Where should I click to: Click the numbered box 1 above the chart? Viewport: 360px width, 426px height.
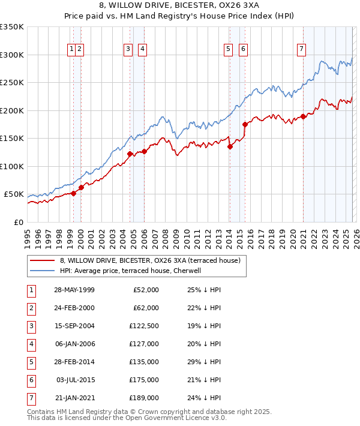[x=72, y=50]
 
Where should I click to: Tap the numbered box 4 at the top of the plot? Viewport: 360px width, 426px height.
[x=142, y=50]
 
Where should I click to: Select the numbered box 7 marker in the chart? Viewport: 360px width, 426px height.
[x=301, y=50]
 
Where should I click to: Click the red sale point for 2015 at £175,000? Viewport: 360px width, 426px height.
[x=245, y=124]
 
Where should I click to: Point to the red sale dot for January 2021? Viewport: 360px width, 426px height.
[x=304, y=116]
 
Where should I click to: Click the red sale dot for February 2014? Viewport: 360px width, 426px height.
[x=230, y=146]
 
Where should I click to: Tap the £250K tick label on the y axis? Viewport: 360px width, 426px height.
[x=11, y=83]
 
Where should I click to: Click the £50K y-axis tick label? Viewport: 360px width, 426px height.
[x=14, y=194]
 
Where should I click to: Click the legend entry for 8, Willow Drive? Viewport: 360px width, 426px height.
[x=150, y=260]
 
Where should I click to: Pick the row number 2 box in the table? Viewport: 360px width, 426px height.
[x=30, y=308]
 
